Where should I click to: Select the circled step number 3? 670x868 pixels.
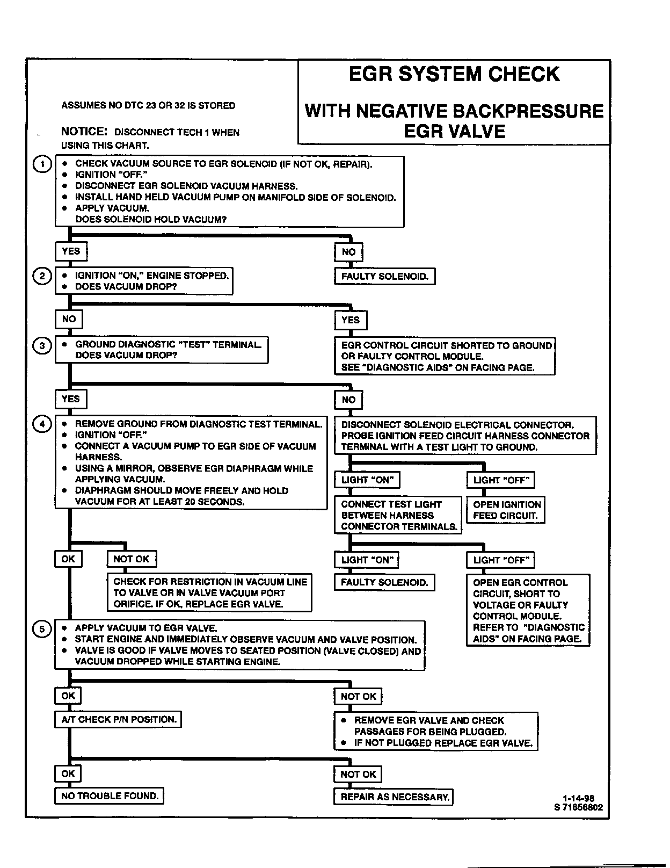tap(42, 345)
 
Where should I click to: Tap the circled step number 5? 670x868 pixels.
tap(42, 629)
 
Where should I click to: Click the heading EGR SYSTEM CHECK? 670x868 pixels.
tap(454, 75)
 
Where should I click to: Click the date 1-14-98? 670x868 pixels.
tap(578, 798)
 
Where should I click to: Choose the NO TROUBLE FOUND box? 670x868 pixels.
tap(110, 796)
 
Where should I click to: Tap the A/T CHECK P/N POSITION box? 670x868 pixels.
tap(118, 720)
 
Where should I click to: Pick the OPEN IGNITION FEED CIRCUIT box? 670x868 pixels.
tap(506, 510)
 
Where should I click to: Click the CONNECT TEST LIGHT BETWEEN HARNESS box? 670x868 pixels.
tap(398, 515)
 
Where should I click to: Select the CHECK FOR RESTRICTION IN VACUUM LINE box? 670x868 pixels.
tap(210, 593)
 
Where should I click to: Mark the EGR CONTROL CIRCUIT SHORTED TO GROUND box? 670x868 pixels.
tap(445, 357)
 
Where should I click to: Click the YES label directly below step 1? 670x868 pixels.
tap(71, 251)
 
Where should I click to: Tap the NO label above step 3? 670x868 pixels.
tap(69, 320)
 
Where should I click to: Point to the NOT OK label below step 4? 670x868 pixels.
tap(132, 559)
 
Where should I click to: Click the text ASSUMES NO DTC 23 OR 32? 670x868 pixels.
tap(148, 106)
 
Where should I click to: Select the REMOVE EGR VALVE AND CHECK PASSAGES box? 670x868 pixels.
tap(436, 732)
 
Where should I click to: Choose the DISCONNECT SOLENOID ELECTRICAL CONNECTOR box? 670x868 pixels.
tap(465, 436)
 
